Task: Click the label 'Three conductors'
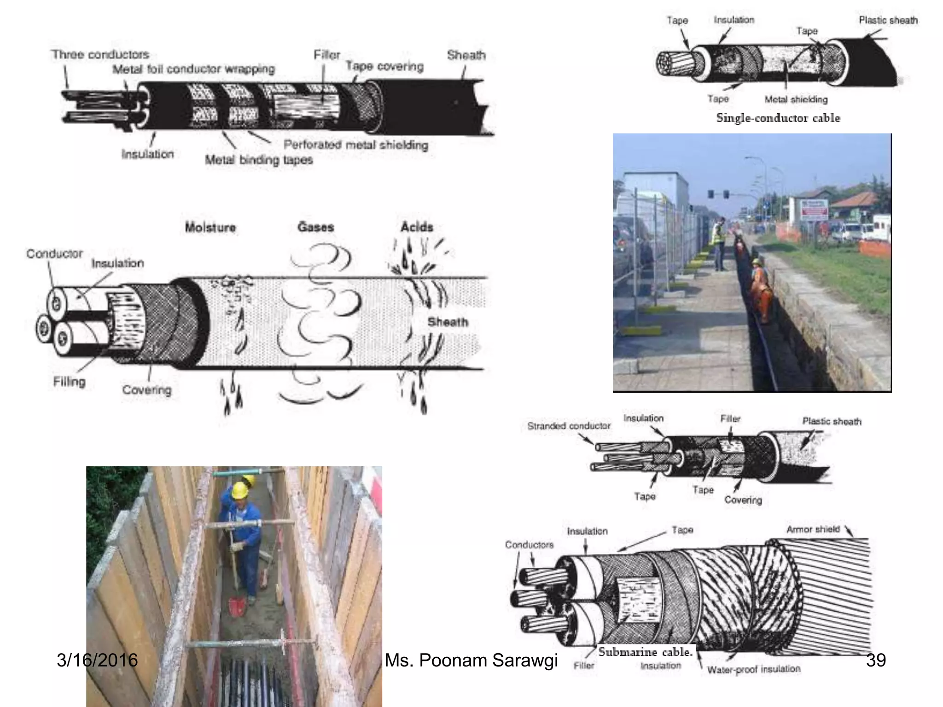pos(100,54)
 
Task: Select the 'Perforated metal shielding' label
pos(355,145)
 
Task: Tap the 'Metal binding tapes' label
pos(259,160)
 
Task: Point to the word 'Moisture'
pos(210,227)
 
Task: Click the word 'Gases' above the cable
pos(315,227)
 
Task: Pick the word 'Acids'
pos(417,227)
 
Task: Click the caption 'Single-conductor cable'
pos(778,118)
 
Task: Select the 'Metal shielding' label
pos(796,99)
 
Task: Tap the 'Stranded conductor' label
pos(569,426)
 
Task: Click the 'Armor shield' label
pos(813,529)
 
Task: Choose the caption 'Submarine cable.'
pos(645,652)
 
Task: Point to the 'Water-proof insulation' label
pos(754,669)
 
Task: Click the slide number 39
pos(875,660)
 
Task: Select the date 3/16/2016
pos(97,660)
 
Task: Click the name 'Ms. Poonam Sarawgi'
pos(471,660)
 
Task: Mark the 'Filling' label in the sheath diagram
pos(69,382)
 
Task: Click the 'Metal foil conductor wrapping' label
pos(193,69)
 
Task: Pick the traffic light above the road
pos(726,194)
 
